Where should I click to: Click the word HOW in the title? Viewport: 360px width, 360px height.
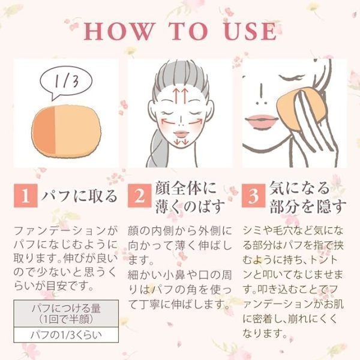118,31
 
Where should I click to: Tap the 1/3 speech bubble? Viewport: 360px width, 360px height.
66,82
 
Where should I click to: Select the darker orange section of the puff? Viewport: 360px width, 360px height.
44,130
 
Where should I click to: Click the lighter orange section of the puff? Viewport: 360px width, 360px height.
77,131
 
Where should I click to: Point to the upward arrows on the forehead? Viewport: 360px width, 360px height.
180,95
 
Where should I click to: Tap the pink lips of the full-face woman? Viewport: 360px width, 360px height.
181,134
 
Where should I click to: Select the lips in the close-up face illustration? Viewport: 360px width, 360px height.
261,121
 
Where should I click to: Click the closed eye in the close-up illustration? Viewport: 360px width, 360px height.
292,77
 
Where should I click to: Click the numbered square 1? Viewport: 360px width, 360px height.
25,196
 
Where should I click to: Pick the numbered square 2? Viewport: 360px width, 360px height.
139,196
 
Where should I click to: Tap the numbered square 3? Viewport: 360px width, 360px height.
253,196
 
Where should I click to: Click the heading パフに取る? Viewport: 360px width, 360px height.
79,196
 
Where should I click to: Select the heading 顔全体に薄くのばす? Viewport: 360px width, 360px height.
190,197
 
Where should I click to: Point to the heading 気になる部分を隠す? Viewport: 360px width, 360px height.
307,197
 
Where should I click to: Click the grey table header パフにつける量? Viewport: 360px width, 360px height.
66,314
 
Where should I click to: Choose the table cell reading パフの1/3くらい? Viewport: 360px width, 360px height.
66,335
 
